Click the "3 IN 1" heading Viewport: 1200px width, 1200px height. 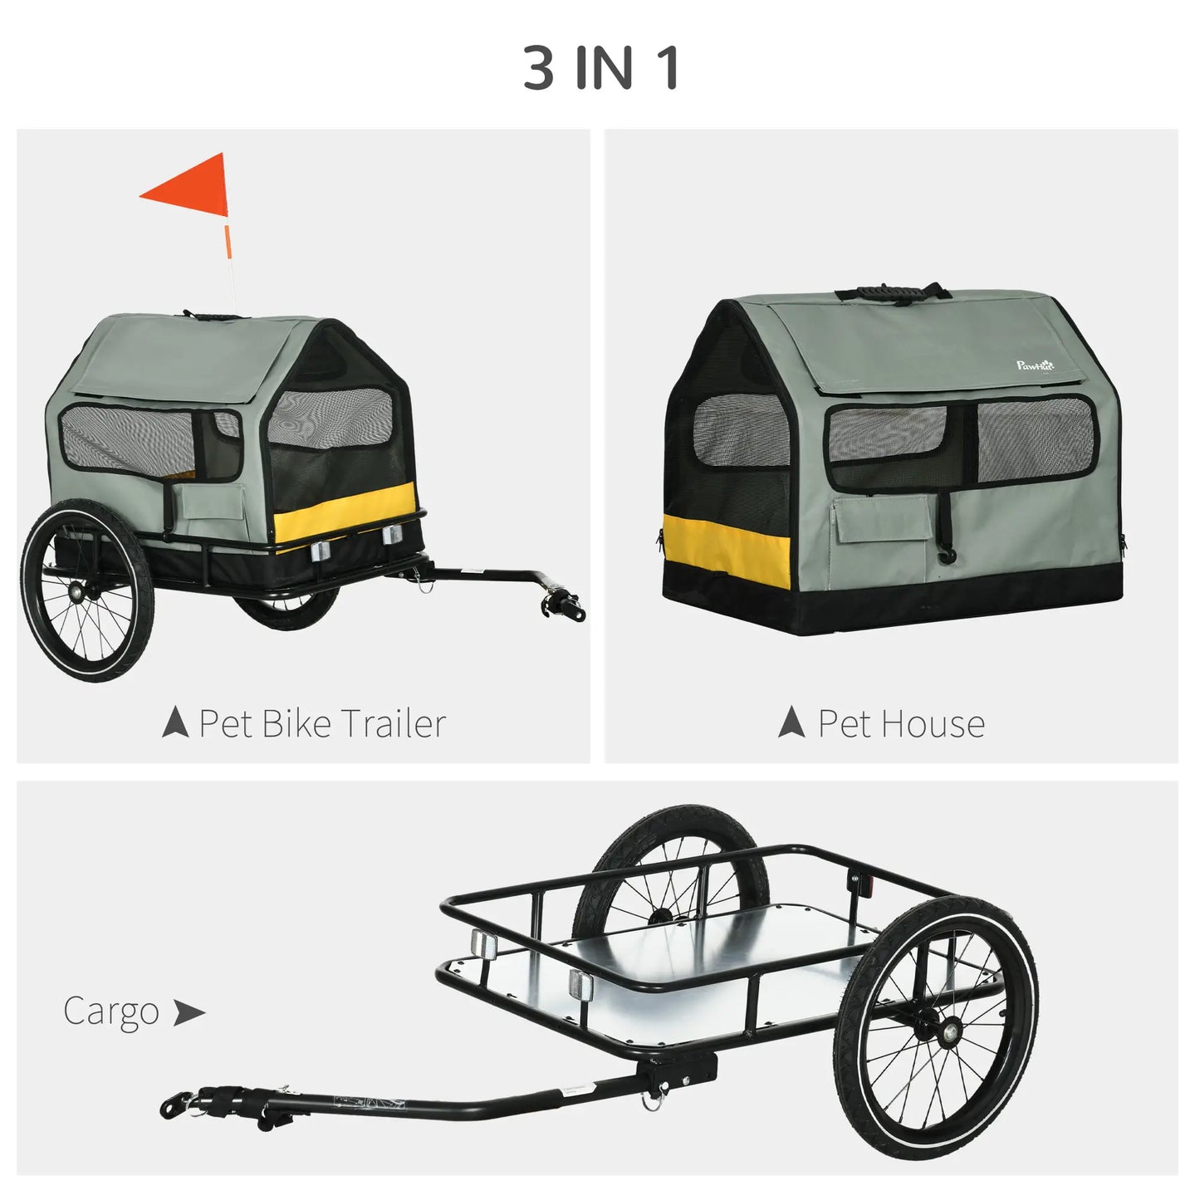pos(601,68)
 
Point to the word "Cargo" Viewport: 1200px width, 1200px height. pos(110,1011)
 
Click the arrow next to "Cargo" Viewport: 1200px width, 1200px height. pos(189,1012)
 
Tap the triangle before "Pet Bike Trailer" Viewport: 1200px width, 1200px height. pos(175,722)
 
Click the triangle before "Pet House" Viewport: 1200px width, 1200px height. pos(791,722)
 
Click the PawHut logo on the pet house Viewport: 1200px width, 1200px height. pos(1035,365)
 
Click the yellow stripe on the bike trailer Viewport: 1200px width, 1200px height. pos(345,513)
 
